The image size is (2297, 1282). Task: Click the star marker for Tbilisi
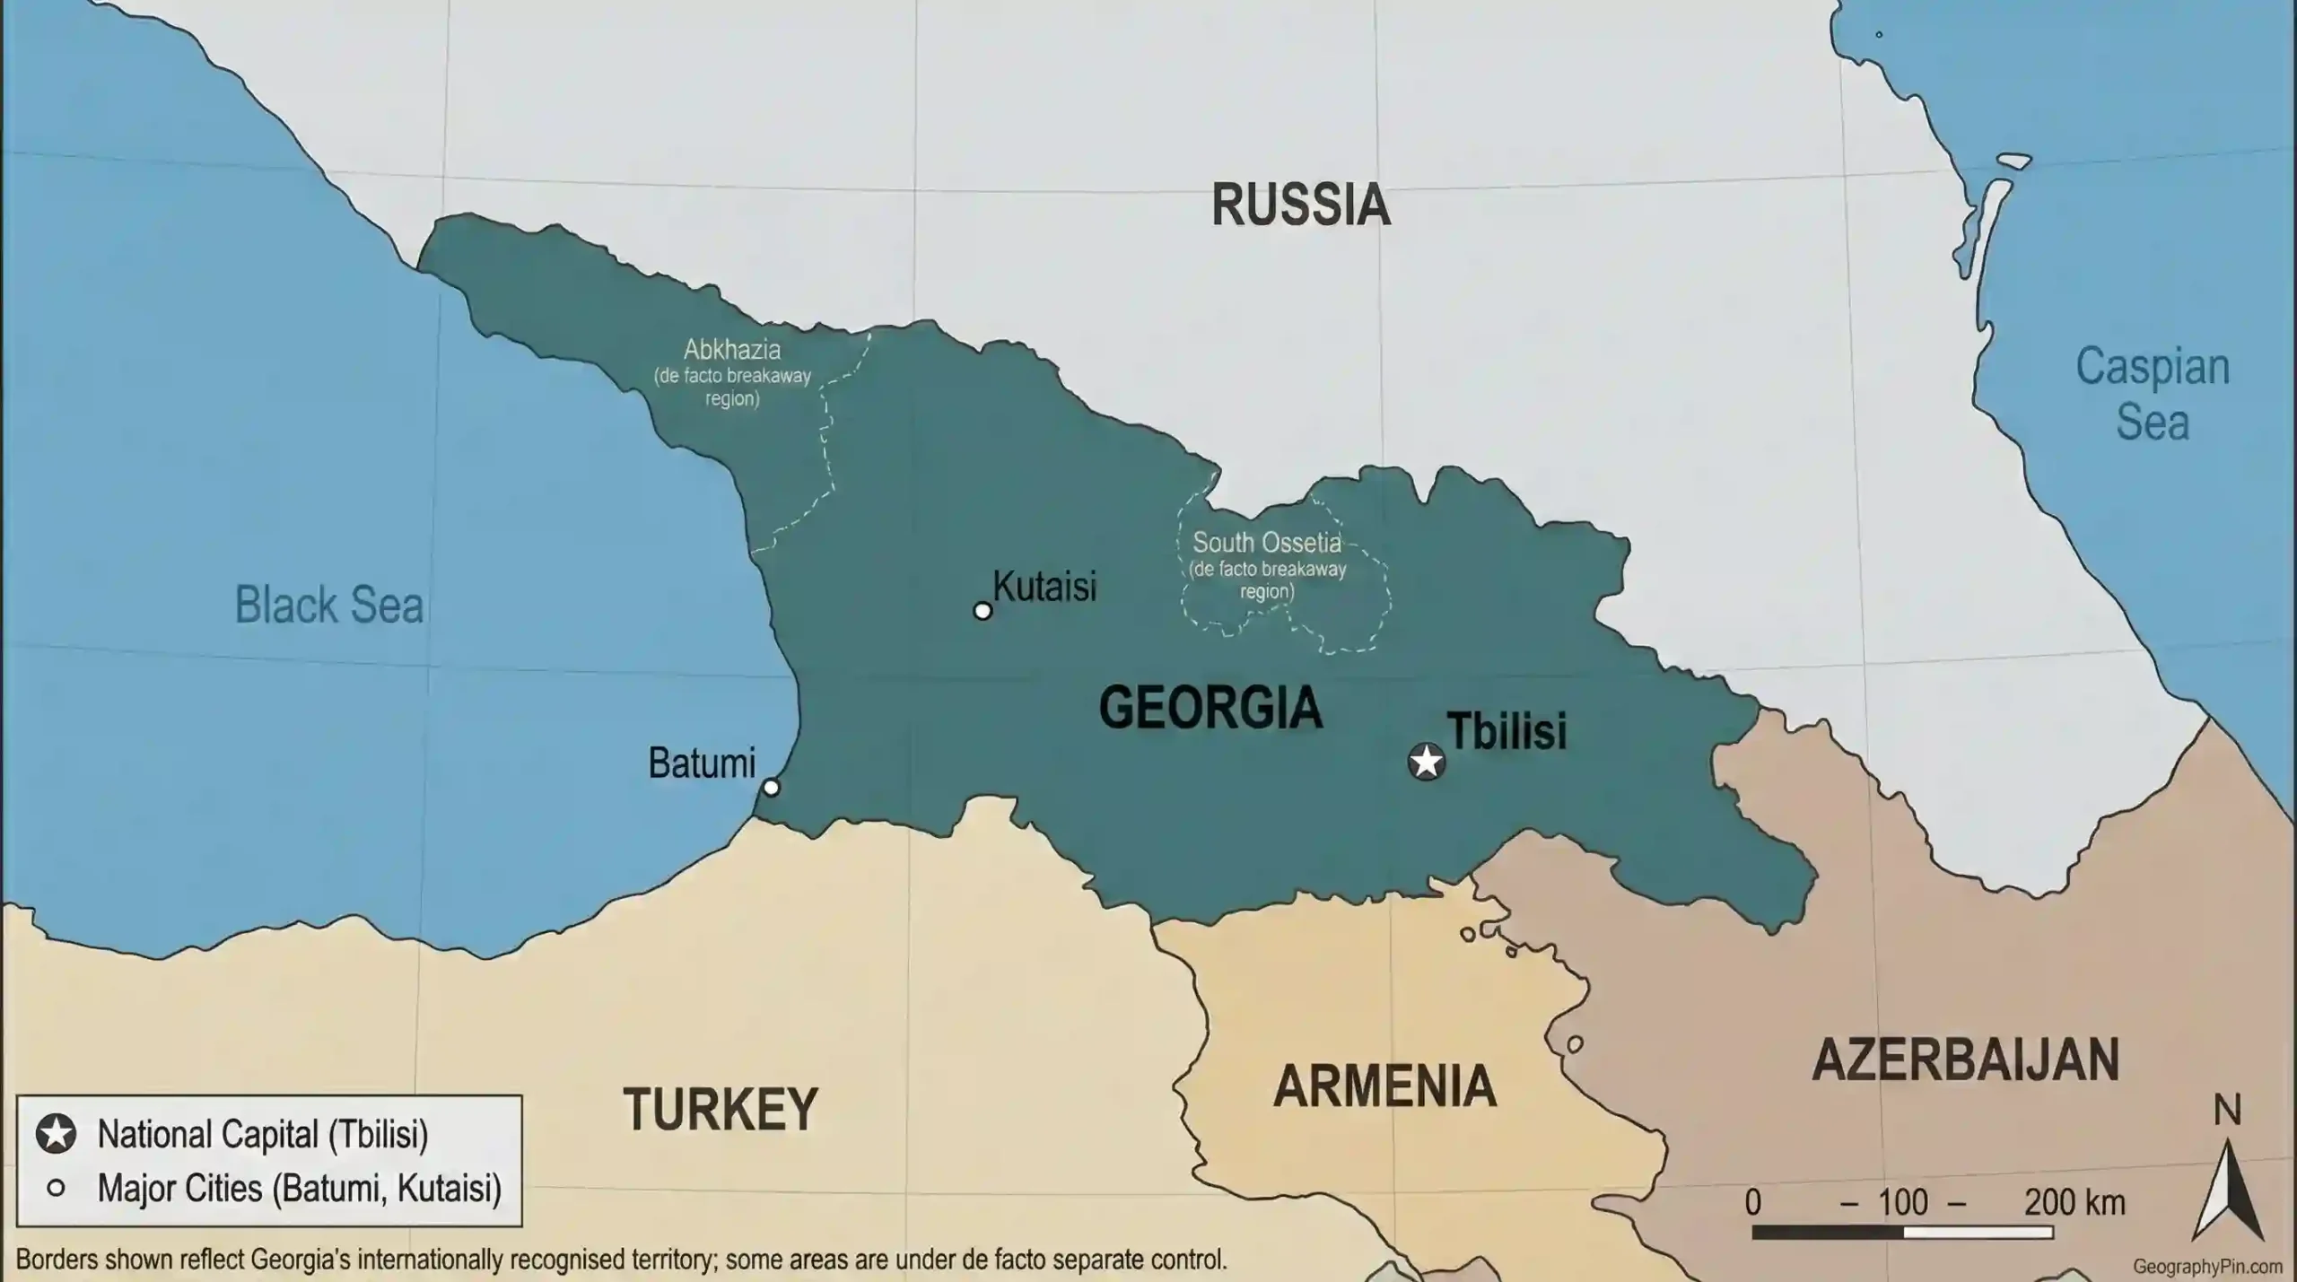pyautogui.click(x=1426, y=762)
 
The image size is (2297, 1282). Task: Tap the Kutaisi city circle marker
pyautogui.click(x=983, y=611)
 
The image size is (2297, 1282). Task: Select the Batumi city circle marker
pyautogui.click(x=771, y=788)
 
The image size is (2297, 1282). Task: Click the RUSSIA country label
pyautogui.click(x=1300, y=205)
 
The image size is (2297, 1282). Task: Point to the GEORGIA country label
pyautogui.click(x=1210, y=708)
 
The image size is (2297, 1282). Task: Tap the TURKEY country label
pyautogui.click(x=721, y=1110)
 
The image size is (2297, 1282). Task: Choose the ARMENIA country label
pyautogui.click(x=1384, y=1086)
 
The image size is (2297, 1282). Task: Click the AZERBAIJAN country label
pyautogui.click(x=1965, y=1060)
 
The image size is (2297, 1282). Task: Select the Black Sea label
pyautogui.click(x=328, y=606)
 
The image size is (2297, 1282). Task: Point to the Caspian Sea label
pyautogui.click(x=2152, y=394)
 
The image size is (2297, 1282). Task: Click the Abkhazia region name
pyautogui.click(x=732, y=350)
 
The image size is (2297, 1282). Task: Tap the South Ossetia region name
pyautogui.click(x=1266, y=543)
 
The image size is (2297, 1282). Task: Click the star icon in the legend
pyautogui.click(x=56, y=1134)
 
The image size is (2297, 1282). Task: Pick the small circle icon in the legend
pyautogui.click(x=56, y=1189)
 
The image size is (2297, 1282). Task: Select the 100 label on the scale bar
pyautogui.click(x=1902, y=1202)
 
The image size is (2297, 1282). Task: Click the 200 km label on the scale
pyautogui.click(x=2074, y=1202)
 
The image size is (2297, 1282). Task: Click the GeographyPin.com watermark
pyautogui.click(x=2207, y=1267)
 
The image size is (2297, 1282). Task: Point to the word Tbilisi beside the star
pyautogui.click(x=1507, y=731)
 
